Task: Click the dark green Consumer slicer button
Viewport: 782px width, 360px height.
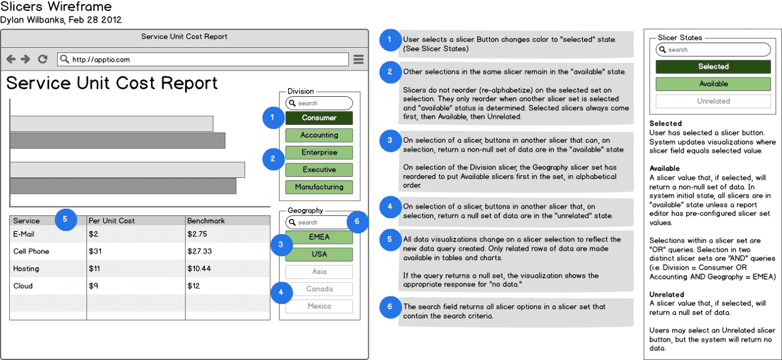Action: [x=319, y=118]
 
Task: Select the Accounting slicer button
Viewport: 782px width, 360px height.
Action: [x=319, y=135]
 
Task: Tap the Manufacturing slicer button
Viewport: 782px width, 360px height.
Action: [x=319, y=187]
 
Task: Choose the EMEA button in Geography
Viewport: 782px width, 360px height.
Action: [x=319, y=237]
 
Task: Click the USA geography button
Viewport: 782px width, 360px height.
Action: [x=319, y=254]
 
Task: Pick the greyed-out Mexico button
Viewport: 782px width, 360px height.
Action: [x=319, y=306]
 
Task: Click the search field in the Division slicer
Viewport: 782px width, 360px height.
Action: [x=319, y=103]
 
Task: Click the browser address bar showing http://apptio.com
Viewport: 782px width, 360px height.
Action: [x=203, y=60]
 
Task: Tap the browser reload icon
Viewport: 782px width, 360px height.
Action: [x=43, y=60]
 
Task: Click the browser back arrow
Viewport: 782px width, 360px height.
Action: [x=11, y=60]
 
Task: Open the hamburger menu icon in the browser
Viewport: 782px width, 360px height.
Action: [x=358, y=60]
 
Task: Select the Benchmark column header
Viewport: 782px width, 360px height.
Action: [x=206, y=221]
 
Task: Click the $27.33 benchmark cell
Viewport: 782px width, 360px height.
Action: [x=200, y=251]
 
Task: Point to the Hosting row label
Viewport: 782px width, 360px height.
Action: [x=26, y=269]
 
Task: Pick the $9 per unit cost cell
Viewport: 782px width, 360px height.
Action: [x=93, y=286]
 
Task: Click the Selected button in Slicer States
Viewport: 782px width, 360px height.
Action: [x=713, y=67]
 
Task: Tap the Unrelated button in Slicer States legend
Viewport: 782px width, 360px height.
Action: [x=713, y=101]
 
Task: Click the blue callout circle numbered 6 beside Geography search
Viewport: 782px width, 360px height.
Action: [x=357, y=221]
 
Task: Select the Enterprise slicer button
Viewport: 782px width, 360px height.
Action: [x=319, y=153]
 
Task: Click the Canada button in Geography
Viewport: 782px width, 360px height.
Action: [x=319, y=289]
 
